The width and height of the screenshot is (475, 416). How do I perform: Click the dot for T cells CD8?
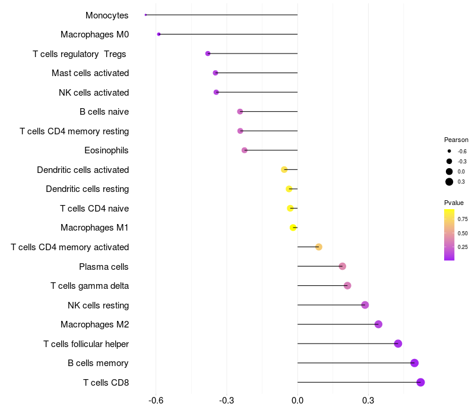click(421, 382)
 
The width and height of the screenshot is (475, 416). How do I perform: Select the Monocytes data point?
click(145, 15)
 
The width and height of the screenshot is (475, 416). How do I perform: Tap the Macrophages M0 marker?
click(159, 34)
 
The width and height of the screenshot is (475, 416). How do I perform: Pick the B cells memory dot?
click(414, 363)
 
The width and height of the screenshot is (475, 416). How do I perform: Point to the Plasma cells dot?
click(343, 266)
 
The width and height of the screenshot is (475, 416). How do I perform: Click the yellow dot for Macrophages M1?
click(293, 228)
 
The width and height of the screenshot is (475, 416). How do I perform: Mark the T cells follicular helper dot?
click(398, 343)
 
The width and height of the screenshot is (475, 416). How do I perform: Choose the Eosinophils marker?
click(245, 150)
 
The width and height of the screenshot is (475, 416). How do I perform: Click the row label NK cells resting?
click(98, 305)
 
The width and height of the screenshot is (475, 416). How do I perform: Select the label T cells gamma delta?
click(90, 286)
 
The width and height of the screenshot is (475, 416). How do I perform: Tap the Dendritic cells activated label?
click(83, 170)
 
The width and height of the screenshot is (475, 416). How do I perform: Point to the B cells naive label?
click(104, 112)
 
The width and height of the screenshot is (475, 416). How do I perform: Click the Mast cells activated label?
click(90, 73)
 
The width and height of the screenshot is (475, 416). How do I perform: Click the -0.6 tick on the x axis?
click(156, 400)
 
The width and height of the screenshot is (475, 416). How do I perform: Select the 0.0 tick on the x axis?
click(297, 400)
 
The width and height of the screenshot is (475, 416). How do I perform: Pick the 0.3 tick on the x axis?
click(368, 400)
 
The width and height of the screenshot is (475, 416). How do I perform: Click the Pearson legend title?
click(456, 140)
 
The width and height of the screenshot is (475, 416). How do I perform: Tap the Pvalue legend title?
click(454, 203)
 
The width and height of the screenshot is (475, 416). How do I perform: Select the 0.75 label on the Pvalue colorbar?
click(463, 219)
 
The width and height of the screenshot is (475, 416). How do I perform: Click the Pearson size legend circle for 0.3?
click(449, 182)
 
